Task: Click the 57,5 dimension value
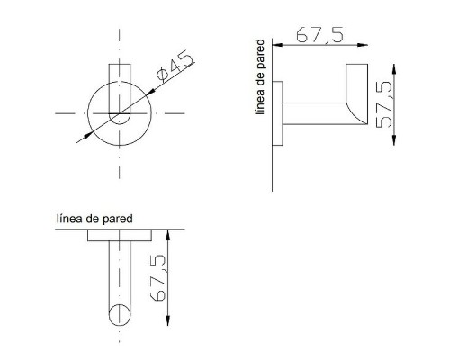coord(383,104)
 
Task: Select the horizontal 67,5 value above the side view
coord(319,34)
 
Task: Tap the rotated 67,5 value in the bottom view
coord(157,278)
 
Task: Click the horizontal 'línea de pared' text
coord(94,219)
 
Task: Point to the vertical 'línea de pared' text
coord(259,76)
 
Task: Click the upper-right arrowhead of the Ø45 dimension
coord(151,91)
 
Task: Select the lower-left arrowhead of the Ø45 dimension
coord(88,135)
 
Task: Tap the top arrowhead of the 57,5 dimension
coord(394,69)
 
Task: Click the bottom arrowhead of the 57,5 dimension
coord(394,140)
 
